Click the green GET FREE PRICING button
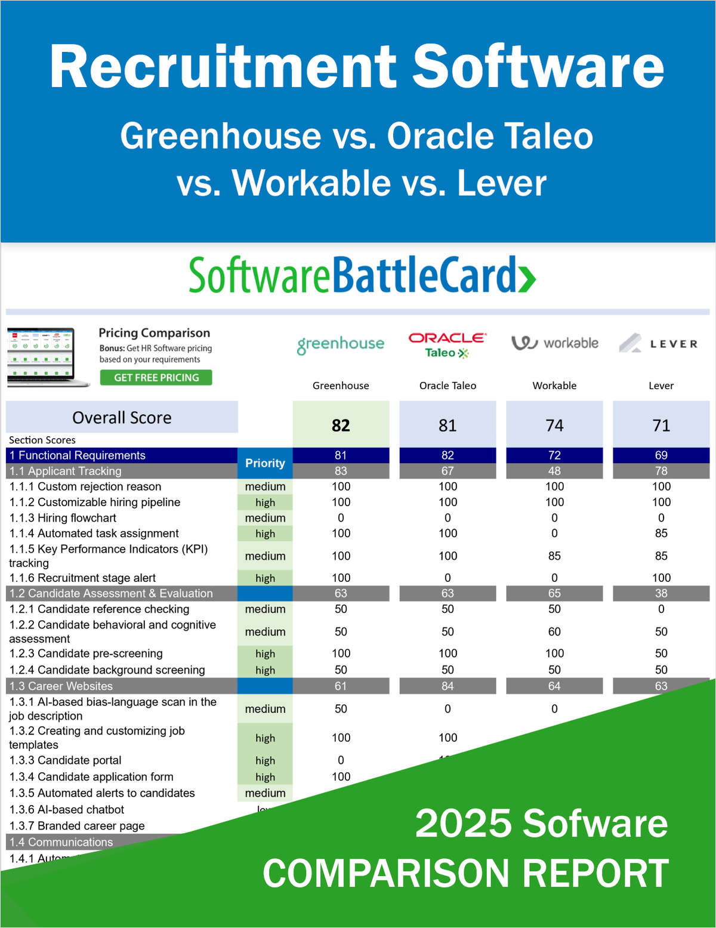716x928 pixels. (x=156, y=377)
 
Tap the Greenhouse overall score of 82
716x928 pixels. (x=341, y=426)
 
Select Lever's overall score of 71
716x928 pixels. (x=661, y=426)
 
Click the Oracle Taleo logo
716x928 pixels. (x=447, y=344)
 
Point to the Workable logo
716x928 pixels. (x=554, y=343)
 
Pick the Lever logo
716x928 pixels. (x=658, y=343)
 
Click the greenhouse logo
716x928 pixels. (x=341, y=344)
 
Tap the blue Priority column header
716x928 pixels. (x=265, y=463)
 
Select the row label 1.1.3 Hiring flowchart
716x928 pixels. (x=63, y=518)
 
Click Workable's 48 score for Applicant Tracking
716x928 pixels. (x=554, y=471)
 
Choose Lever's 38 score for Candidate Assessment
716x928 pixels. (x=661, y=593)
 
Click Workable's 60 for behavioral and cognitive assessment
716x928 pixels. (x=554, y=631)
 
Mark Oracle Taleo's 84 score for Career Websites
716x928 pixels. (x=447, y=686)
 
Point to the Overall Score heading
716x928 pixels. (x=122, y=418)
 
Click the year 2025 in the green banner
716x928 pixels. (x=461, y=823)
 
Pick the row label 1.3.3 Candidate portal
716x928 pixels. (x=65, y=760)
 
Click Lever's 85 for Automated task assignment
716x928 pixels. (x=661, y=534)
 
